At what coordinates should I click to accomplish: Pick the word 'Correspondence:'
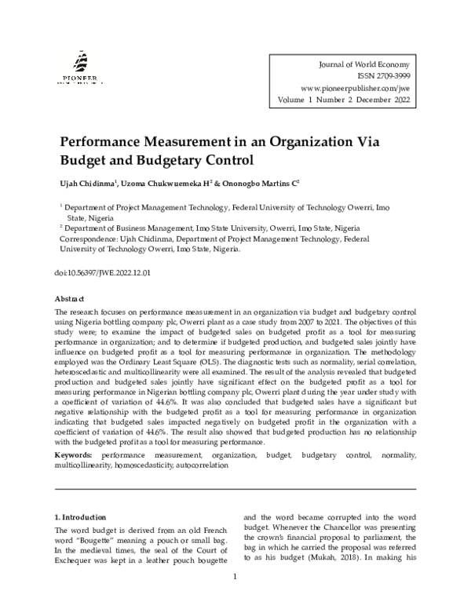click(x=87, y=239)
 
